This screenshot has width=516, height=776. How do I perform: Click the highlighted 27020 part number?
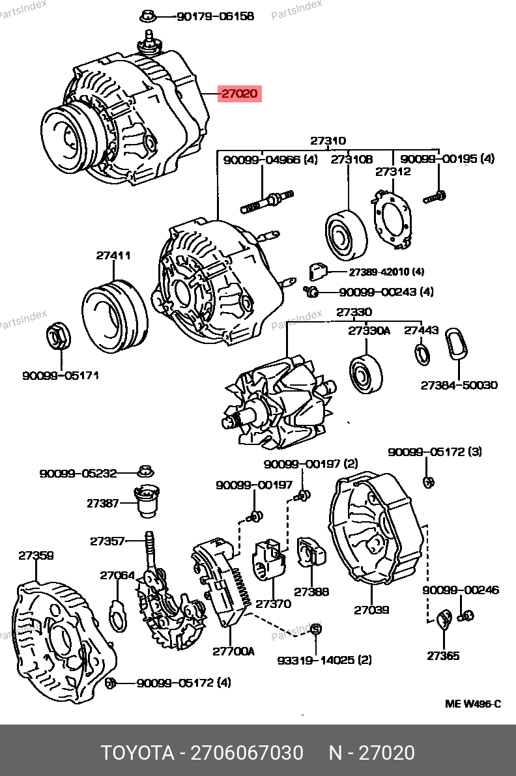click(240, 93)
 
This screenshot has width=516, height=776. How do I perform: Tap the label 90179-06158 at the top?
click(215, 16)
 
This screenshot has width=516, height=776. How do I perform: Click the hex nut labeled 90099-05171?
click(59, 338)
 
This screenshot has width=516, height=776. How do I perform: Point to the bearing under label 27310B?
click(347, 236)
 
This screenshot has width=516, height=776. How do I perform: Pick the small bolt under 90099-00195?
click(435, 197)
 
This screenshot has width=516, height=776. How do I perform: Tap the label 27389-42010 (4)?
click(386, 272)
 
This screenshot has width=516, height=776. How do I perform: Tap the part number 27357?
click(107, 541)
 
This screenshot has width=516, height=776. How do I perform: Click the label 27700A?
click(233, 652)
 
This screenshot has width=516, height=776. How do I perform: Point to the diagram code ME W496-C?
click(473, 703)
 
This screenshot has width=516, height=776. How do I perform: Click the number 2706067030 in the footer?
click(247, 753)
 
